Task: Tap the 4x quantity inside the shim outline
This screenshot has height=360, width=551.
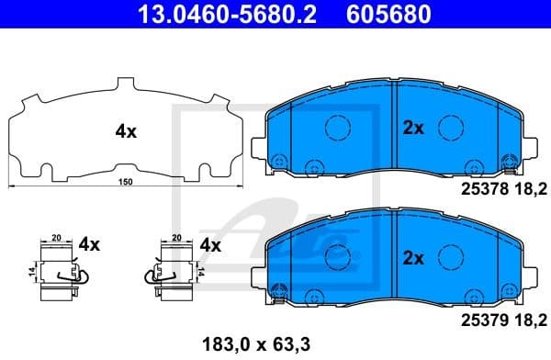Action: [126, 131]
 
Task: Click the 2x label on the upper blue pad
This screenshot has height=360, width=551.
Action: [413, 129]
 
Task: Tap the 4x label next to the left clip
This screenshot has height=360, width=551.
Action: [89, 245]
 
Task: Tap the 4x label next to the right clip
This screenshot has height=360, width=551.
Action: [210, 245]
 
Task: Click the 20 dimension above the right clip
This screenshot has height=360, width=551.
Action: [176, 236]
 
